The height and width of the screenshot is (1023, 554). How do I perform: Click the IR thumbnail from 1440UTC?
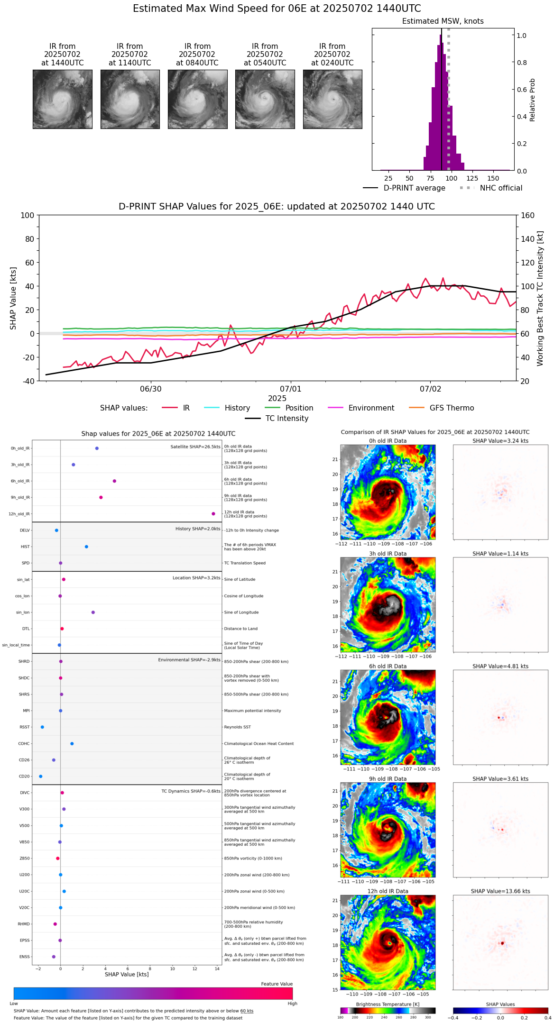coord(63,99)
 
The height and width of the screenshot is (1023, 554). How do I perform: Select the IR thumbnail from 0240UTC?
coord(332,99)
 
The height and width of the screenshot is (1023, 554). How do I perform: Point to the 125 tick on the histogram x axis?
coord(472,178)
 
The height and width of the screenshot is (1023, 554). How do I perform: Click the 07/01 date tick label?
coord(291,389)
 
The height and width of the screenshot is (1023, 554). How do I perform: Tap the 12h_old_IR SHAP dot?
coord(213,514)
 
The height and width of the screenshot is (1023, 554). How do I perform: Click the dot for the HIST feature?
coord(86,547)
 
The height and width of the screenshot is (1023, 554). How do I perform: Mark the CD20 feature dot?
coord(41,776)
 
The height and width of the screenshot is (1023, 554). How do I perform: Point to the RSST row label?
coord(25,727)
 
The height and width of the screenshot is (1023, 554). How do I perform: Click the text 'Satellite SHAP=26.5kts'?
coord(195,447)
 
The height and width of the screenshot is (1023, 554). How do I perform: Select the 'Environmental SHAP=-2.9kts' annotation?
coord(189,660)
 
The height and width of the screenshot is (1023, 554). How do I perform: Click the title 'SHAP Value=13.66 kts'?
coord(500,891)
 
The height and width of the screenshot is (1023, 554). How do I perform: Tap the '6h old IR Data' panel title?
coord(388,666)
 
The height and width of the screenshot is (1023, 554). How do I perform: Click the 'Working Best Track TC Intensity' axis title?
coord(540,299)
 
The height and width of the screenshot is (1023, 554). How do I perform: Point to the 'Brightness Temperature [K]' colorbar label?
coord(388,1004)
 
